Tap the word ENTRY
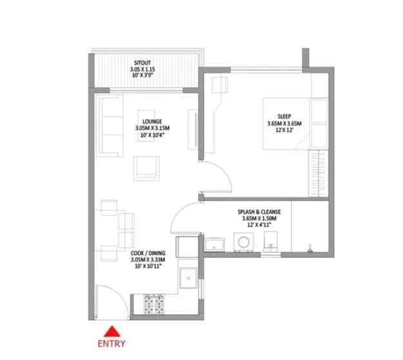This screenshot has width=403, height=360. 113,343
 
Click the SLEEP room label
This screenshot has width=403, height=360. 284,117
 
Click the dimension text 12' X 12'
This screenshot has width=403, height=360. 284,131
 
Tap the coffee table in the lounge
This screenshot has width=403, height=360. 146,168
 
